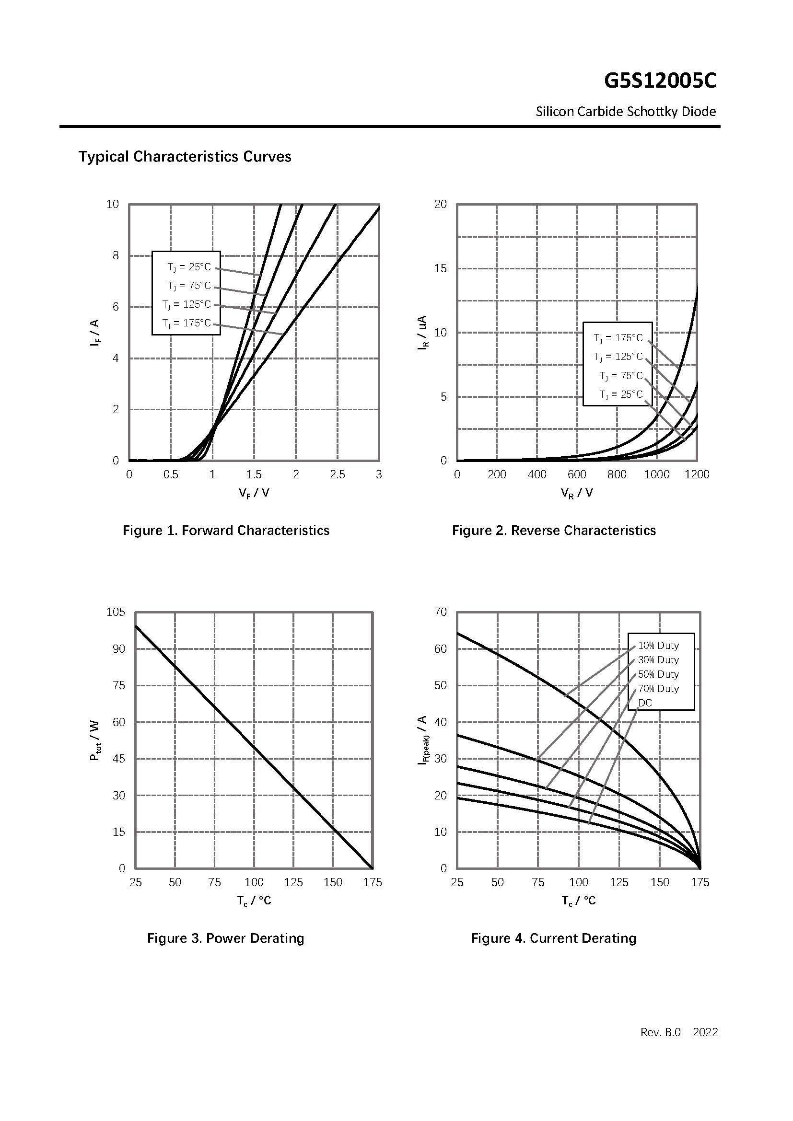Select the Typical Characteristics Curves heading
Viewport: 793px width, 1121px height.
185,157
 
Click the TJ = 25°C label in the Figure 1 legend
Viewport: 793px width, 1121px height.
189,267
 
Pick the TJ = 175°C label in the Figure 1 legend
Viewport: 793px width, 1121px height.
187,323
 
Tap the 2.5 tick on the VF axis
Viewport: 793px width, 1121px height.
337,474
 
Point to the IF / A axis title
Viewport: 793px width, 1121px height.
94,333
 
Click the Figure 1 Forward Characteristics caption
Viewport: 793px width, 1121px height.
226,530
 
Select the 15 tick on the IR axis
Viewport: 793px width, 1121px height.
441,268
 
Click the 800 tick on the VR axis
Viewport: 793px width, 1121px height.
617,474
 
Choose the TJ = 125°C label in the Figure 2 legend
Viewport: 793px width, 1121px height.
618,357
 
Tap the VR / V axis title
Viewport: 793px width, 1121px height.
577,493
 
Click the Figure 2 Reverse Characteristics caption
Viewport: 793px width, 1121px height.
554,530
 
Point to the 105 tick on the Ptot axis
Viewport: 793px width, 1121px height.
116,612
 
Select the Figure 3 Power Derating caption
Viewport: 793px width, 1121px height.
226,938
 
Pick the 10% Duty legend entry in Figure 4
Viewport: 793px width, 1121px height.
658,646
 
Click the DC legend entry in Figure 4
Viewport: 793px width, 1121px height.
644,703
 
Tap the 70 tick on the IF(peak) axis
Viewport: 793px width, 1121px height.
441,612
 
